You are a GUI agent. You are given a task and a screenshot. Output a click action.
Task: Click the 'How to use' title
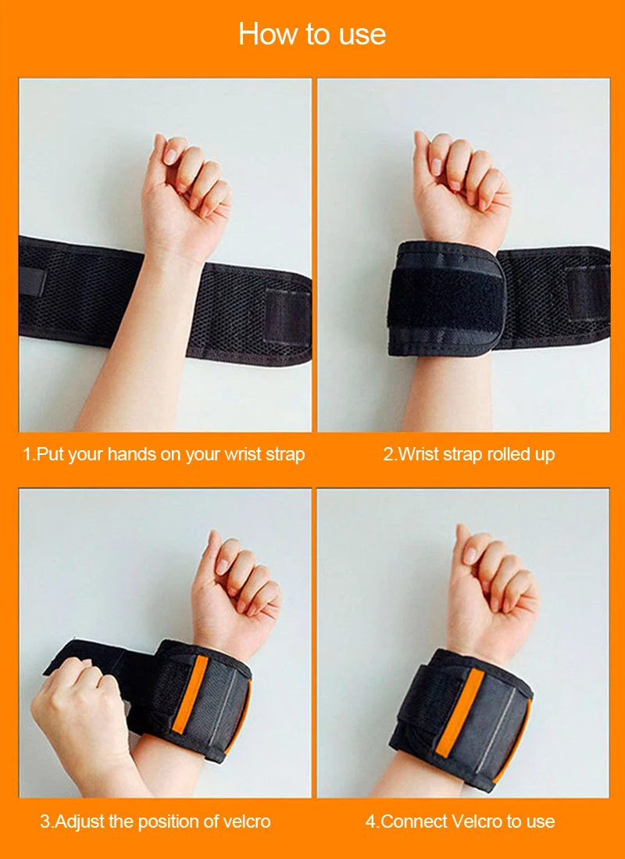tap(312, 34)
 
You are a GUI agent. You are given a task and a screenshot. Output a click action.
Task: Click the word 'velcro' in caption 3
tap(245, 821)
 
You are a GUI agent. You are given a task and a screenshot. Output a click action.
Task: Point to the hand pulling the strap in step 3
tap(78, 703)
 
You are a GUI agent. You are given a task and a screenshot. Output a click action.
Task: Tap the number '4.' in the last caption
tap(372, 821)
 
